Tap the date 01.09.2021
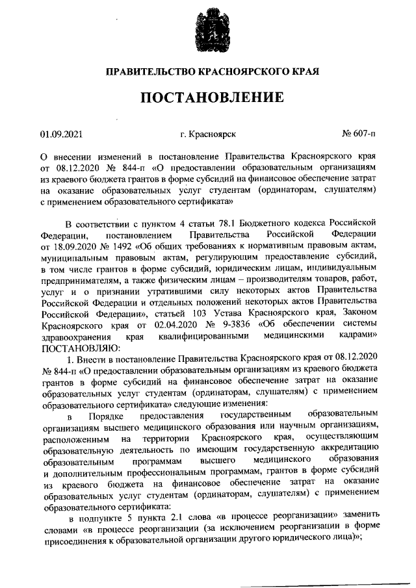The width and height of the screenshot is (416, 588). (62, 134)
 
